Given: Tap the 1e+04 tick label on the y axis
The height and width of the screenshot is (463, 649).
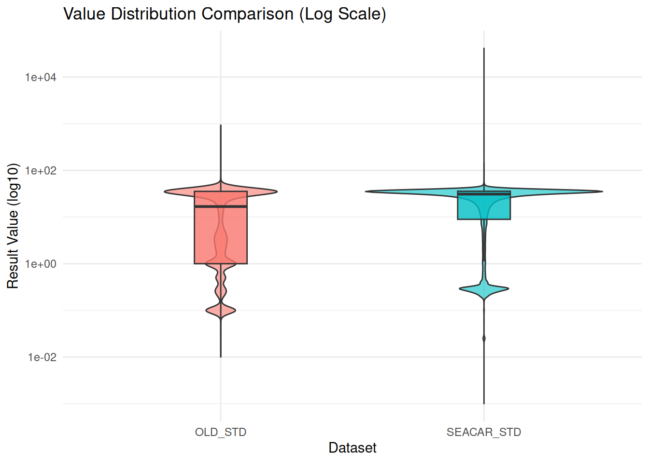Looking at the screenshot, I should [41, 77].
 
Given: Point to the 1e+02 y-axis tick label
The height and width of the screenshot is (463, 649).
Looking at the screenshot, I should [41, 171].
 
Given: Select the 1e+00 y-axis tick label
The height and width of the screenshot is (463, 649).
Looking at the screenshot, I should [41, 264].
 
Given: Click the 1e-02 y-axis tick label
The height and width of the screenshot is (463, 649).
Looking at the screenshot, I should [42, 357].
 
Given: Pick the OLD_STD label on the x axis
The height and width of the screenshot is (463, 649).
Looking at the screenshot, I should [221, 432].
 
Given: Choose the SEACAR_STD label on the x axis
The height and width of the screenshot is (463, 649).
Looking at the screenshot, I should [484, 432].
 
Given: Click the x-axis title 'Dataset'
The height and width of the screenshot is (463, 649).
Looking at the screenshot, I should [353, 448].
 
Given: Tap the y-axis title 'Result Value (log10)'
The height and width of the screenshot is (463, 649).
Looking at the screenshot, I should [13, 226].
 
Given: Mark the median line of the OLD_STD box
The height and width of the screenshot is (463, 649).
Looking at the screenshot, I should [221, 206].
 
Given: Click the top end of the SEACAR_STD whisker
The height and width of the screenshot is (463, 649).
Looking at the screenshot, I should [484, 48].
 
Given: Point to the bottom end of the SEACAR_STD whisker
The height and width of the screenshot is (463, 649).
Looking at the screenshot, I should [484, 403].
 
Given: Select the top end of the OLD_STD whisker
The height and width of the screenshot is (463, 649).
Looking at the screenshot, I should [221, 125].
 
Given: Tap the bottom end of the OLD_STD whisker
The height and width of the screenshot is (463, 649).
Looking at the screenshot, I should [221, 357].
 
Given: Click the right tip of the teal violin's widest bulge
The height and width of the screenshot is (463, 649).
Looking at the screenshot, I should [602, 191].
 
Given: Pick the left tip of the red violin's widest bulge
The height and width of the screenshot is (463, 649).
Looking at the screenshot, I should [165, 191].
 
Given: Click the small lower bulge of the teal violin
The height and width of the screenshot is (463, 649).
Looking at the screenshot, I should [484, 289].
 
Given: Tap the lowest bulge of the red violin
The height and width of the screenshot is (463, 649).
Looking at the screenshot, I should [221, 311].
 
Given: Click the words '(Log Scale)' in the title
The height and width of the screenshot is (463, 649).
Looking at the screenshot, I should [342, 14].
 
